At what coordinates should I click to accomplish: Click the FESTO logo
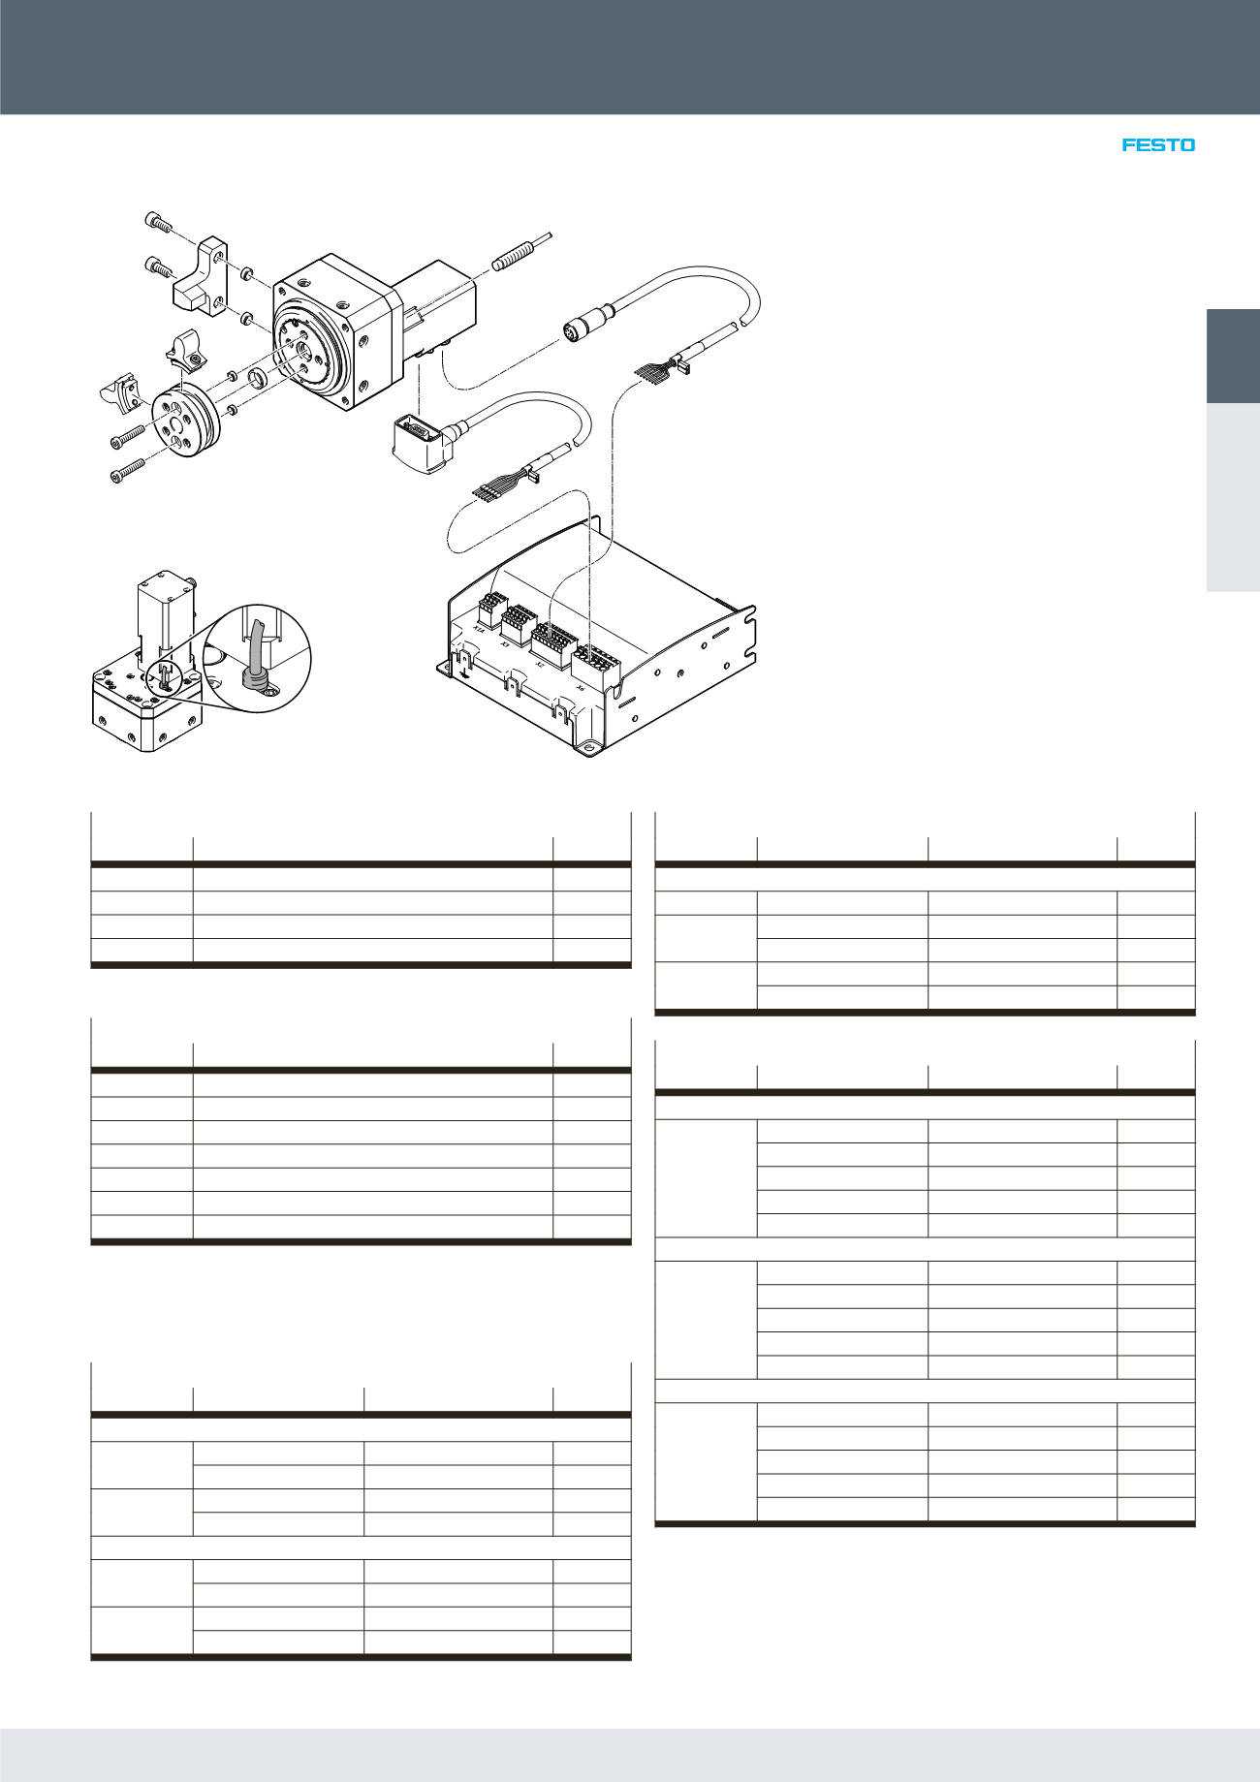pos(1158,145)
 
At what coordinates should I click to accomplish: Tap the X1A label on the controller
pos(478,630)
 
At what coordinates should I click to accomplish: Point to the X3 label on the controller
pos(504,643)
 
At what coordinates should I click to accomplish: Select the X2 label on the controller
pos(539,665)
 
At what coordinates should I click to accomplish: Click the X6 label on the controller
pos(580,687)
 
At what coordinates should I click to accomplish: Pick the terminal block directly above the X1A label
pos(492,609)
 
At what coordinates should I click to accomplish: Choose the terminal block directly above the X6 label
pos(596,662)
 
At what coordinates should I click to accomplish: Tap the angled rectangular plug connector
pos(418,442)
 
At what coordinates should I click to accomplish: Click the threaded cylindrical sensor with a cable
pos(514,256)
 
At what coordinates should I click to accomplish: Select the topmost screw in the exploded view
pos(158,223)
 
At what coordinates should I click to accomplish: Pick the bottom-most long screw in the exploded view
pos(127,472)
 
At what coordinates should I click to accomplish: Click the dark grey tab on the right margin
pos(1233,356)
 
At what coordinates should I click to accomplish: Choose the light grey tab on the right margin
pos(1233,496)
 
